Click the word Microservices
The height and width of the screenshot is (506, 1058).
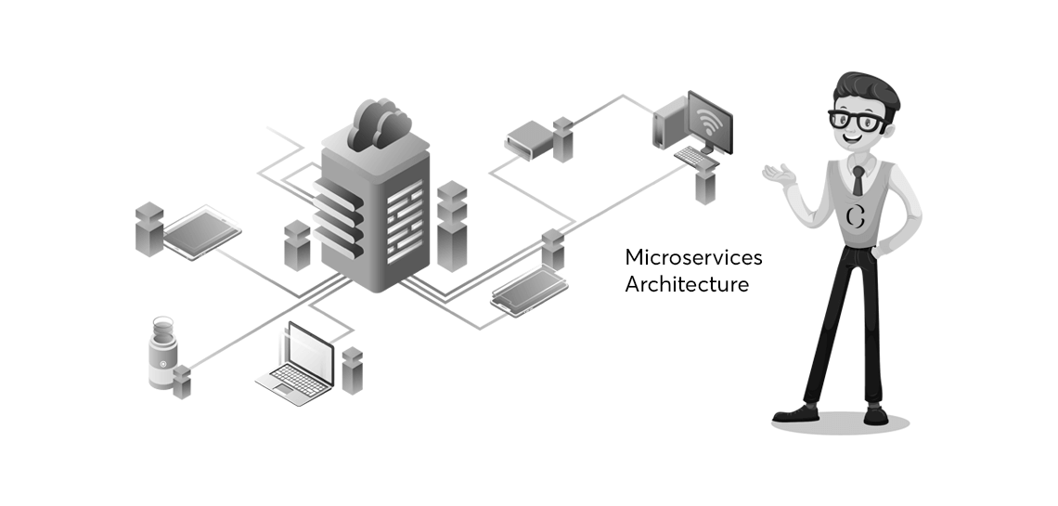693,257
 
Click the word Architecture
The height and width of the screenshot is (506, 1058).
686,284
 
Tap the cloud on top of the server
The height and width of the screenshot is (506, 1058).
379,125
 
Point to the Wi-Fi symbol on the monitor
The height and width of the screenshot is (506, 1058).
710,121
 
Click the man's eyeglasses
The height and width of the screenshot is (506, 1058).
858,120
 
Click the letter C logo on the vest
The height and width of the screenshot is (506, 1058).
856,216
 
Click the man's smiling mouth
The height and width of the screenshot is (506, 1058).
855,140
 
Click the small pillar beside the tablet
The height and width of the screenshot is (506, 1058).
148,228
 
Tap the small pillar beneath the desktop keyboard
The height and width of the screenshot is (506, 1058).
706,185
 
